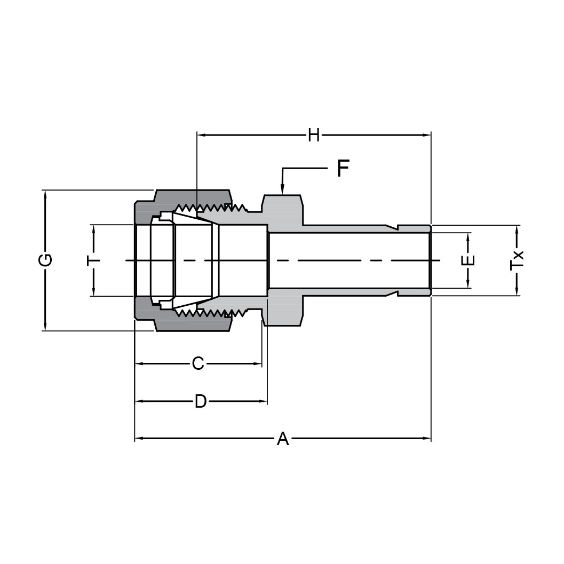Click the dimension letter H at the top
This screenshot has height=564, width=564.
click(x=314, y=136)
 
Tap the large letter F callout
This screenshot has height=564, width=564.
click(x=343, y=169)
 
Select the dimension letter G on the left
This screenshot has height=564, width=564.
click(x=46, y=260)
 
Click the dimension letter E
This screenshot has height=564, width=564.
click(x=468, y=260)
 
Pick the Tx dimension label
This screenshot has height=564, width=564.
click(x=517, y=260)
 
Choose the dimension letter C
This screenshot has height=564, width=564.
click(x=198, y=364)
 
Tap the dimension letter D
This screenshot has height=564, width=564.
click(x=200, y=401)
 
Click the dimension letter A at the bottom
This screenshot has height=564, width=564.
click(x=283, y=439)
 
